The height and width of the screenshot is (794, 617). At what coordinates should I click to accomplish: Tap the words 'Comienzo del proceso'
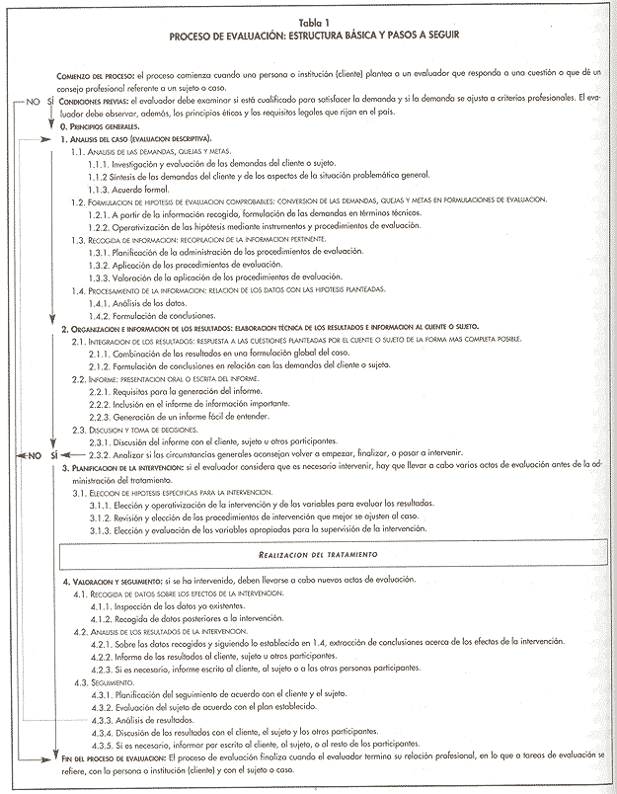coord(100,75)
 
